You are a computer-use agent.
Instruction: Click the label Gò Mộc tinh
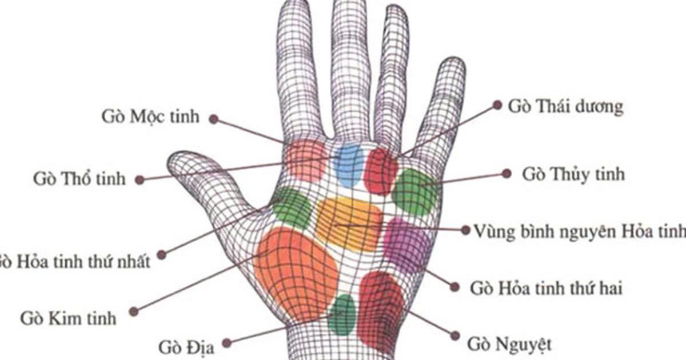click(150, 117)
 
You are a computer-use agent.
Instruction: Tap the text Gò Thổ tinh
click(79, 179)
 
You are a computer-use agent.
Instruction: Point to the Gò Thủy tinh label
click(573, 175)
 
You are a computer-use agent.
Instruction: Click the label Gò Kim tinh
click(68, 318)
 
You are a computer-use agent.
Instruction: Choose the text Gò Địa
click(186, 347)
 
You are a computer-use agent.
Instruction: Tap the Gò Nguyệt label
click(509, 345)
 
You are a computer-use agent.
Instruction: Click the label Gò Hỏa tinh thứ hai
click(546, 289)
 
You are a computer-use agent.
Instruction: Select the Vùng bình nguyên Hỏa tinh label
click(580, 231)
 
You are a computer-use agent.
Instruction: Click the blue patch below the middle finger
click(349, 165)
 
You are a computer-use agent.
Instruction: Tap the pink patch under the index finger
click(306, 160)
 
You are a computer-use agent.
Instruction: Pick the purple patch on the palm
click(404, 246)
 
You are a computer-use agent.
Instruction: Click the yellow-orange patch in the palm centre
click(349, 224)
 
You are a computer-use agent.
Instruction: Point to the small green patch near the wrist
click(342, 315)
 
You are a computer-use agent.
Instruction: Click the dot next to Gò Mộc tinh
click(214, 119)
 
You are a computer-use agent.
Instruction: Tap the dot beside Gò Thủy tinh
click(506, 174)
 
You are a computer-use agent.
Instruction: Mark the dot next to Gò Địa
click(226, 343)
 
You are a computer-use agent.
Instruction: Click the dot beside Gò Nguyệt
click(456, 336)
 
